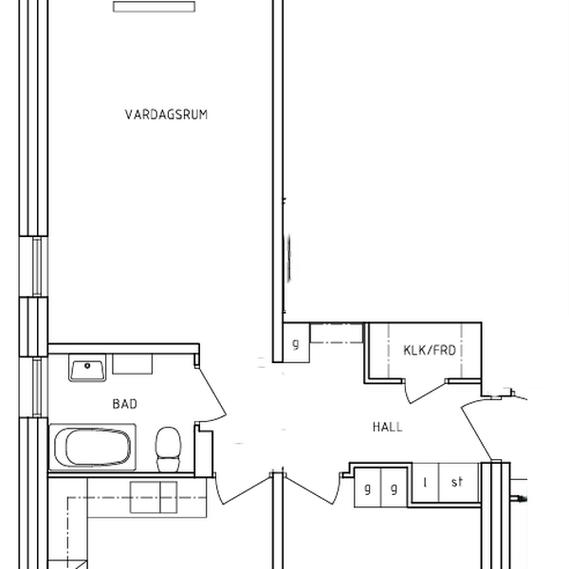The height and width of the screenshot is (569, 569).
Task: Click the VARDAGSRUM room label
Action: (166, 115)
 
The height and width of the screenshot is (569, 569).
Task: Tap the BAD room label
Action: (125, 404)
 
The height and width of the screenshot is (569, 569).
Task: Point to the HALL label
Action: (388, 427)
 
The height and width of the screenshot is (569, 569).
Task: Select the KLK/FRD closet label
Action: (430, 350)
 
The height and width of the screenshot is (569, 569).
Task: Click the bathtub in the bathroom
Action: (93, 447)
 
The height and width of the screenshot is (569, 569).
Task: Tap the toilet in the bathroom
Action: (168, 450)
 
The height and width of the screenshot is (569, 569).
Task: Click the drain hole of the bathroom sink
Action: (87, 366)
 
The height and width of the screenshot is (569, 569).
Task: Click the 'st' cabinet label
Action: (457, 482)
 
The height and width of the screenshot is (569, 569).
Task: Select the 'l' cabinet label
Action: (425, 483)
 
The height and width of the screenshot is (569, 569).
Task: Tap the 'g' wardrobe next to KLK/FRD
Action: (296, 343)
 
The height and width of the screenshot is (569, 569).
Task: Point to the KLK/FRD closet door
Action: (425, 393)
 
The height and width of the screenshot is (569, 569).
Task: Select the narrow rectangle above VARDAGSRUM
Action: (155, 7)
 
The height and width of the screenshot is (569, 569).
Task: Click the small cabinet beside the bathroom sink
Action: (133, 364)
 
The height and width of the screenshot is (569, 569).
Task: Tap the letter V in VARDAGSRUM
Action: (129, 115)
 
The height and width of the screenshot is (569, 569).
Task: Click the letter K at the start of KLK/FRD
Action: (408, 350)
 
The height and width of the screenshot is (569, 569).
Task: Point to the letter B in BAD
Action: (116, 404)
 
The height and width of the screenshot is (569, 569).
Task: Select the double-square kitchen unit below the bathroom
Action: (154, 497)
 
